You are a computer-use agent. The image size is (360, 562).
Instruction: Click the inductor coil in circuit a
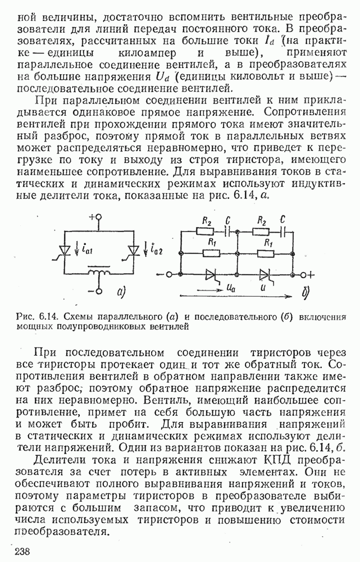pos(99,274)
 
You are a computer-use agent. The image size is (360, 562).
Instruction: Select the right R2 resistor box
pos(260,231)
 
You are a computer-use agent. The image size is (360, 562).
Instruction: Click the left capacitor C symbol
pos(227,231)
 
